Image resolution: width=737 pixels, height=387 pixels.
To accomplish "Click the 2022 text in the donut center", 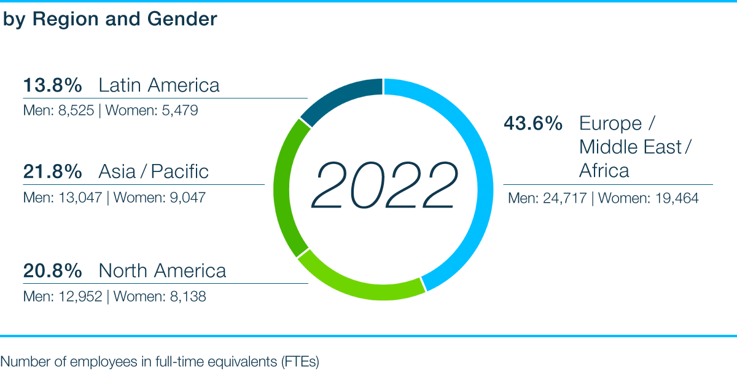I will tap(384, 185).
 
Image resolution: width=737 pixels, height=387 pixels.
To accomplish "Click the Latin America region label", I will tap(159, 85).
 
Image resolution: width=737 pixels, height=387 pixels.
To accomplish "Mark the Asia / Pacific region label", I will tap(154, 171).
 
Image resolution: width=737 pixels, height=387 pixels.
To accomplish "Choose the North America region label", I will tap(162, 271).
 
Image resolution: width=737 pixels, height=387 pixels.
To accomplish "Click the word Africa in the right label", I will tap(604, 170).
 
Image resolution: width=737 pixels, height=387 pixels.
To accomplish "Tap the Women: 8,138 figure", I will tap(160, 297).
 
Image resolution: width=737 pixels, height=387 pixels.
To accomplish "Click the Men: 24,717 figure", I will tap(547, 198).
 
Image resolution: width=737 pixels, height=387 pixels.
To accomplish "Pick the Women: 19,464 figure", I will tap(649, 198).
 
